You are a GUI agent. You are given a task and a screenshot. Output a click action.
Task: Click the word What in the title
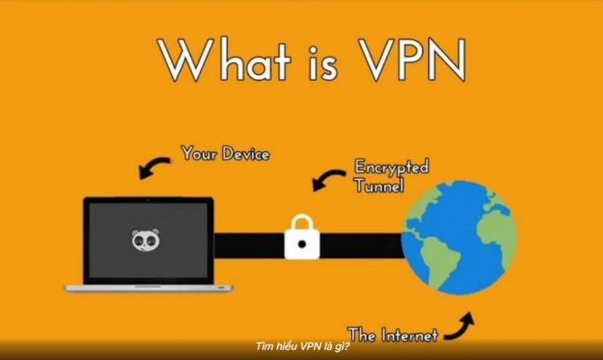coord(225,58)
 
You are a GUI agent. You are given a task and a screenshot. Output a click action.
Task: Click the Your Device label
coord(225,153)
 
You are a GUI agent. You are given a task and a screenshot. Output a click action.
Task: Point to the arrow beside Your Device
coord(154,167)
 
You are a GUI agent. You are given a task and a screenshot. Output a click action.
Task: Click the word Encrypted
coord(391,167)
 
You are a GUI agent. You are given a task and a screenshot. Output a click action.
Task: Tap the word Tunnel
coord(379,185)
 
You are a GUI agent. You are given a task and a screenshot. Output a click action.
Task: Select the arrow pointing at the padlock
coord(328,180)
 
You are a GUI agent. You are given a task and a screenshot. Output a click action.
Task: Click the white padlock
coord(301,237)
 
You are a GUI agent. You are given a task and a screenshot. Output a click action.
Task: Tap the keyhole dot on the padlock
coord(301,244)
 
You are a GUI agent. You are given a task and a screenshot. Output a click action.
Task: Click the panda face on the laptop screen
coord(146,240)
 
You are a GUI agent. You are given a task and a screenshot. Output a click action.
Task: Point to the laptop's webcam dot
coord(148,201)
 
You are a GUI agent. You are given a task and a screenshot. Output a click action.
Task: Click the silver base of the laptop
coord(148,288)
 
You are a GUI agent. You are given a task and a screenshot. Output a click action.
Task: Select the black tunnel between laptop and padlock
coord(248,245)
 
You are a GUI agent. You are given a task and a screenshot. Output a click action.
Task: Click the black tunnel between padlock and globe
coord(362,245)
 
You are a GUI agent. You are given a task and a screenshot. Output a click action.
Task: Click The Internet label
coord(392,335)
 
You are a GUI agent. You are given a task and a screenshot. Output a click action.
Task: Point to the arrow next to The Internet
coord(459,327)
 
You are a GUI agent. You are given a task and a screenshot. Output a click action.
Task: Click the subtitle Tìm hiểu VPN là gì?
coord(302,346)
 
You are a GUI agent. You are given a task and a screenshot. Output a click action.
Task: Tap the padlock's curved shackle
coord(301,222)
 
